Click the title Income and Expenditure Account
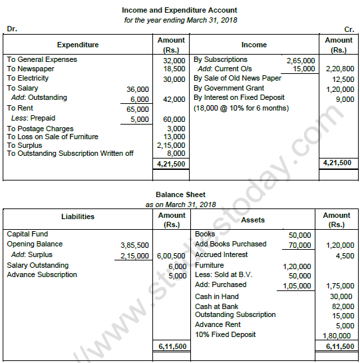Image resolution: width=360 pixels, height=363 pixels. [x=180, y=11]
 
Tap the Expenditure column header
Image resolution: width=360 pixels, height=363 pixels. [x=78, y=45]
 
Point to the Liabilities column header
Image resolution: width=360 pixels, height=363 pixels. [x=78, y=216]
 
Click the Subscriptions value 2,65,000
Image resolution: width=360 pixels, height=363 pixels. [x=301, y=60]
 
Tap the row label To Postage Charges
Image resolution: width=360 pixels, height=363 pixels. [x=40, y=128]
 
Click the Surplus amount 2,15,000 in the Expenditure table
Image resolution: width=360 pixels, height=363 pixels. [x=170, y=145]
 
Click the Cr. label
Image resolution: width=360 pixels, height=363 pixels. [x=349, y=29]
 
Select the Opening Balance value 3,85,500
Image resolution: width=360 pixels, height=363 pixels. [x=136, y=244]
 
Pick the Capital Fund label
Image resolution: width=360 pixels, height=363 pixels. [x=27, y=234]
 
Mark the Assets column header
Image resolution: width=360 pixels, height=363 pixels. [x=254, y=219]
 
